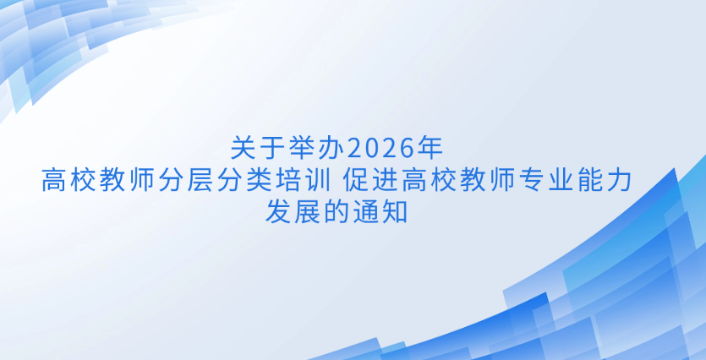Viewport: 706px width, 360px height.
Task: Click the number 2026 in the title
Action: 381,149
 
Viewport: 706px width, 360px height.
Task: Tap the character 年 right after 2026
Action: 430,149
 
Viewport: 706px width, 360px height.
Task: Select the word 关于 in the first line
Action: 258,149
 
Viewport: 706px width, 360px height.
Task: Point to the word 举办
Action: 317,149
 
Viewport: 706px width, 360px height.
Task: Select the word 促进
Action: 370,181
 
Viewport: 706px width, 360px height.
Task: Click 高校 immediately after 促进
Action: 430,181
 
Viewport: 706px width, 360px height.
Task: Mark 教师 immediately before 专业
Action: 489,181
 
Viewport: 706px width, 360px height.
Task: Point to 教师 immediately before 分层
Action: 128,181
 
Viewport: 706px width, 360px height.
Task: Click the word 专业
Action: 548,181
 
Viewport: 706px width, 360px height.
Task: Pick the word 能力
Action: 606,181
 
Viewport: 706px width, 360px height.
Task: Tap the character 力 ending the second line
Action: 621,181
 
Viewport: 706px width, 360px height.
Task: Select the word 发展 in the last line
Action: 293,212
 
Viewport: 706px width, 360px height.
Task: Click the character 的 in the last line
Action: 337,212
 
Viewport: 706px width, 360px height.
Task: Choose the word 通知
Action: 380,212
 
